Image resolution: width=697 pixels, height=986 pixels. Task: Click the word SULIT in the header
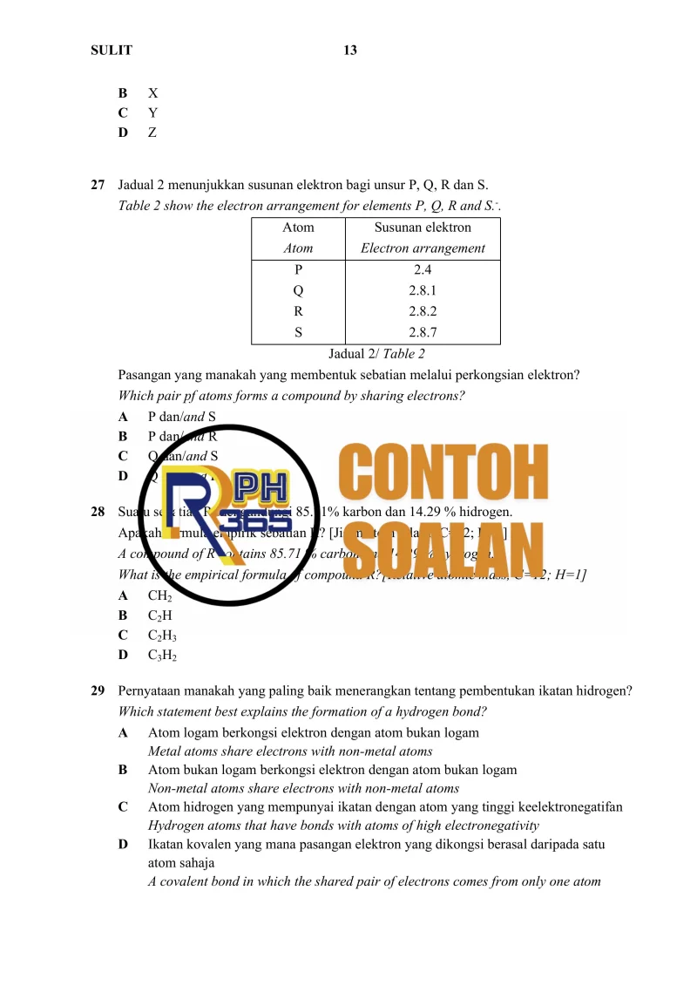coord(112,51)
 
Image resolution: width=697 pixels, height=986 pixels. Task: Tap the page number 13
coord(350,51)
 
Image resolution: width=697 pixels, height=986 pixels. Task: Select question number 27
coord(98,185)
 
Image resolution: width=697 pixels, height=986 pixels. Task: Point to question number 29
coord(98,691)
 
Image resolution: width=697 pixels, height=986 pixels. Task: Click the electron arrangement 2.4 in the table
coord(423,269)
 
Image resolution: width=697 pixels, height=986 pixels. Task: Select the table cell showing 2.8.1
coord(423,290)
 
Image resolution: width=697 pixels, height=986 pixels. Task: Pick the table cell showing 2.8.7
coord(423,331)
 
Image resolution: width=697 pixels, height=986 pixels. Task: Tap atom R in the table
coord(299,310)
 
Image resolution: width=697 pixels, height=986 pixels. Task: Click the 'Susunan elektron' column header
coord(423,228)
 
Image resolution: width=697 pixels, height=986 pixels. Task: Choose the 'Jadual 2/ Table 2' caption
coord(376,354)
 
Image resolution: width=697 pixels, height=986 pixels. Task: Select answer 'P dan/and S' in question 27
coord(182,417)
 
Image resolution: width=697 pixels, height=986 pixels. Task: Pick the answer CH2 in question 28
coord(159,596)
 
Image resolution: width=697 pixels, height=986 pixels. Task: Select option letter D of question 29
coord(123,845)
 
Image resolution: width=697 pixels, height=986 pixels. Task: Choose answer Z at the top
coord(152,133)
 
